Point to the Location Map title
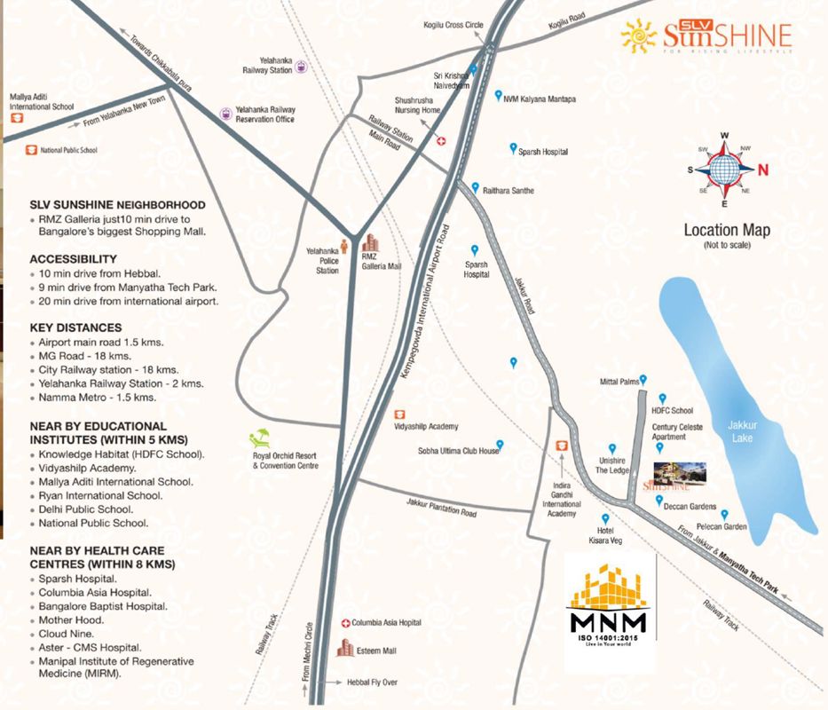coord(727,231)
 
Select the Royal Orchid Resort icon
coord(260,438)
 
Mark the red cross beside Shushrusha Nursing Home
coord(441,140)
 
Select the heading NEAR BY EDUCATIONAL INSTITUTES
coord(99,432)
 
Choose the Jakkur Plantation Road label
coord(441,508)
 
